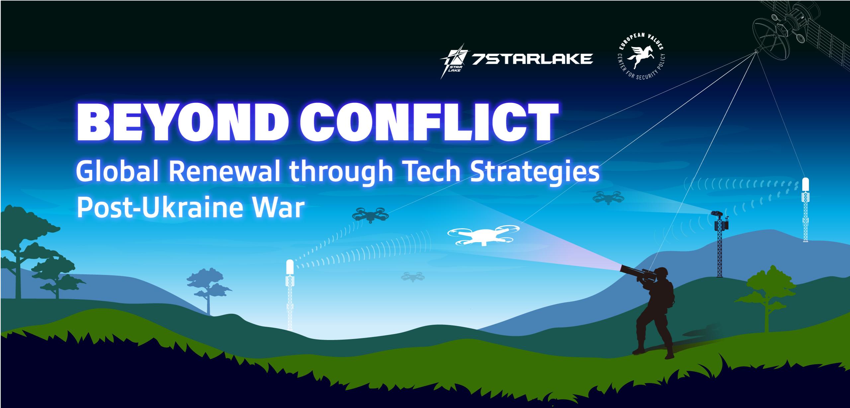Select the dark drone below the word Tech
tap(369, 214)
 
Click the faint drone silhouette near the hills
tap(412, 276)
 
